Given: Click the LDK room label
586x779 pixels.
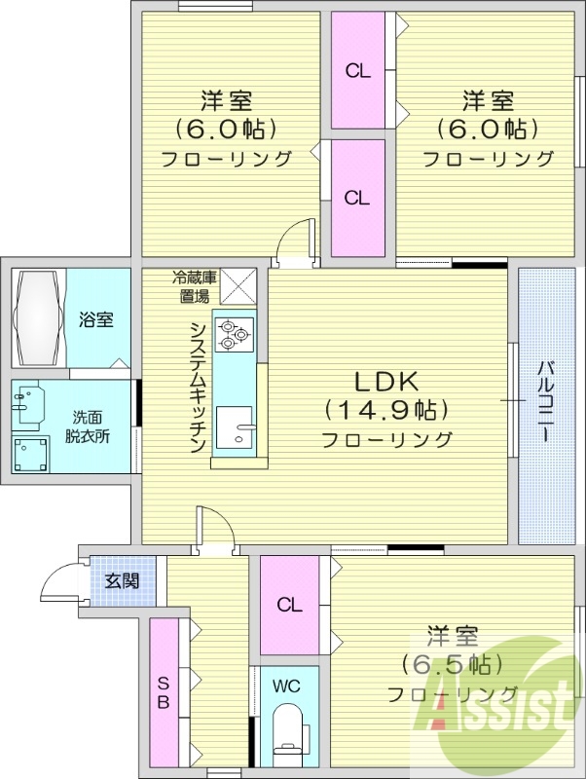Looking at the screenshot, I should [385, 381].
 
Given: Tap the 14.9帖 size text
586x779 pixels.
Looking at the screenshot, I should [385, 409].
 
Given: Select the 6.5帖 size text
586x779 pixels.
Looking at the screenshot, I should [452, 665].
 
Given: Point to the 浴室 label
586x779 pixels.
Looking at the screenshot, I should [96, 319].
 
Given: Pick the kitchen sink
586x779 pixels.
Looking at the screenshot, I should [233, 428].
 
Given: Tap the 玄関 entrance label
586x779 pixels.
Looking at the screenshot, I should [122, 581].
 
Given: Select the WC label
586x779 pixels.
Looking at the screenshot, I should [286, 686].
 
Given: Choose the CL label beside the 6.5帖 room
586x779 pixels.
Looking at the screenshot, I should [289, 605].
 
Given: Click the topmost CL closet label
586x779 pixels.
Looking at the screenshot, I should [357, 70].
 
